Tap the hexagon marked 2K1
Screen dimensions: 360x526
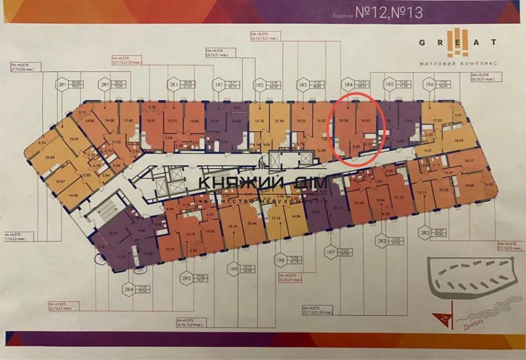(x=173, y=85)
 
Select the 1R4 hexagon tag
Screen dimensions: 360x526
(x=347, y=84)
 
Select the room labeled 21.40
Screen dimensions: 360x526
(x=279, y=121)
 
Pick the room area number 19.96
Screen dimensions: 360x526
(x=470, y=185)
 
